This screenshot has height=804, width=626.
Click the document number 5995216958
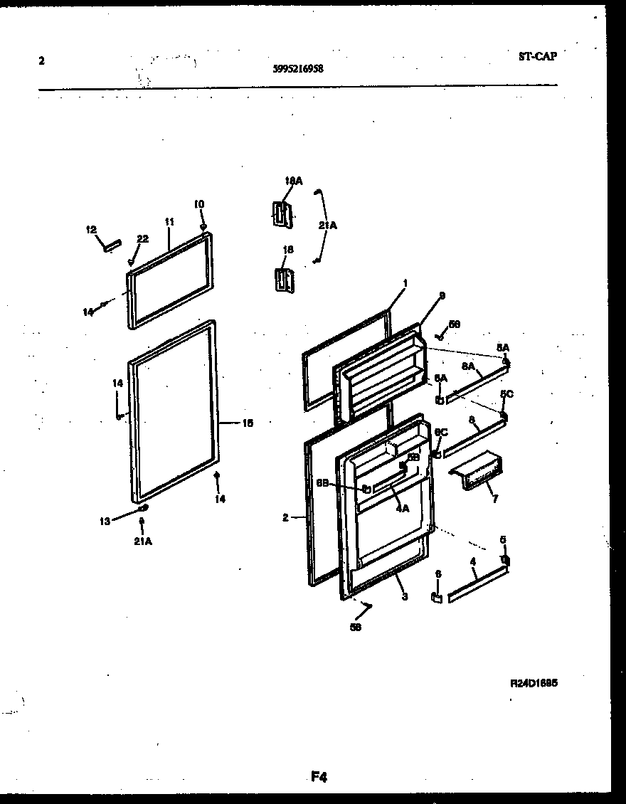point(298,69)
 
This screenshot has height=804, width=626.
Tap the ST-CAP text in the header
point(538,57)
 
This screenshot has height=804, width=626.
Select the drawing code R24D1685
point(534,682)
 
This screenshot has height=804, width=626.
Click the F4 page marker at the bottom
point(318,777)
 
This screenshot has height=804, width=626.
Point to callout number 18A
point(293,181)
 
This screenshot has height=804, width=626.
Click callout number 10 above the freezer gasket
point(199,204)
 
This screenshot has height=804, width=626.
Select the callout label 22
point(142,239)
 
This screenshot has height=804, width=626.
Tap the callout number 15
point(248,423)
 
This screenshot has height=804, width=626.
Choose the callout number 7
point(494,499)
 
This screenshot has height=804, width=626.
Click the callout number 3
point(404,597)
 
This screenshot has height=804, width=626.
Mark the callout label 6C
point(441,432)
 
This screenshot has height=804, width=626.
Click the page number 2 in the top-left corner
point(41,61)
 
